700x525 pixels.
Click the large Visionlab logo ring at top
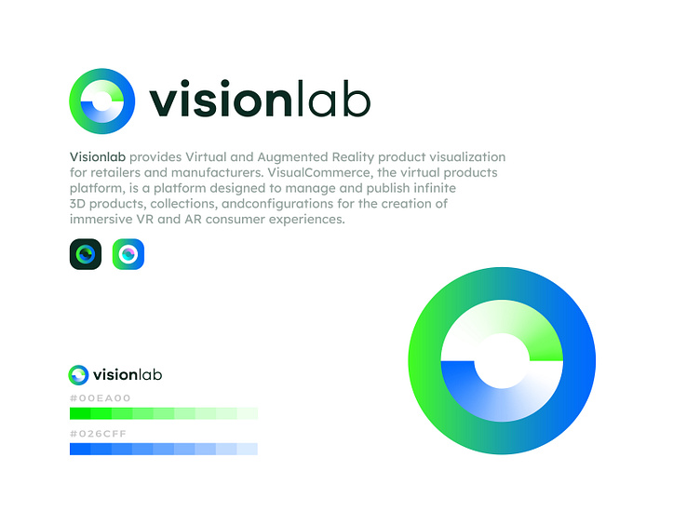pos(102,101)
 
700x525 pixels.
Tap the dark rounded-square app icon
pos(85,254)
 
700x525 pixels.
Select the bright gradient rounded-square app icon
pos(128,254)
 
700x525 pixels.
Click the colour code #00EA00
pos(101,398)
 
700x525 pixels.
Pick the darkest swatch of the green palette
pos(80,413)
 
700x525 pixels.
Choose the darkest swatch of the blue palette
pos(80,449)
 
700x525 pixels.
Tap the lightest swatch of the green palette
pos(248,413)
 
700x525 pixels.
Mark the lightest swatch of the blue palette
pos(248,449)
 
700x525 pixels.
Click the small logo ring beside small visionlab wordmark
pos(79,374)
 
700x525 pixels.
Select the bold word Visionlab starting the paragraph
pos(98,156)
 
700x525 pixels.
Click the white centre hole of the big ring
pos(503,359)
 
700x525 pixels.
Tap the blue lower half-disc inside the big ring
pos(484,391)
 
